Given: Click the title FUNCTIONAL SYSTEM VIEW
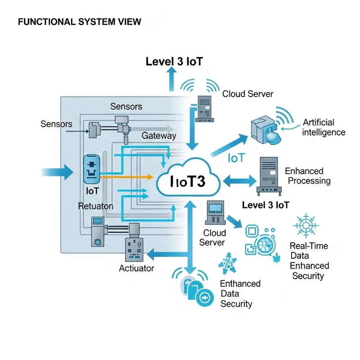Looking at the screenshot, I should point(79,22).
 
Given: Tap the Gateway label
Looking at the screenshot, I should point(159,135).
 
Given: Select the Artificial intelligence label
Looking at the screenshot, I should point(324,127).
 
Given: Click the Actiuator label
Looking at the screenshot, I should point(136,269).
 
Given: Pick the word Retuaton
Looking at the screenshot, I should point(95,207).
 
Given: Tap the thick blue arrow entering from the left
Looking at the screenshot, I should point(57,171).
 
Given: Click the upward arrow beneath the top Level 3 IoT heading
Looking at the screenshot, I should point(171,79).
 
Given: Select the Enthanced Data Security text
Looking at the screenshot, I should point(240,294).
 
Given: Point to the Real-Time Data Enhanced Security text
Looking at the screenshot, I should point(309,261).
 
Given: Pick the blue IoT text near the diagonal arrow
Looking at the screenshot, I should point(236,158).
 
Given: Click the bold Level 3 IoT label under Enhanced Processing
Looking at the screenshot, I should point(265,205).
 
